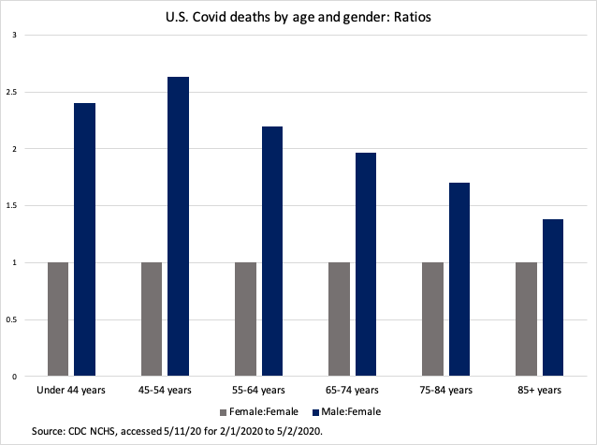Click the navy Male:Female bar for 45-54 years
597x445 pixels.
179,227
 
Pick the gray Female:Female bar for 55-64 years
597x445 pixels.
245,319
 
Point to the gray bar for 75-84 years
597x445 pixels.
432,319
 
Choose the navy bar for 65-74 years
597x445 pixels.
366,264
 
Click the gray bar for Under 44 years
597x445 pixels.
58,319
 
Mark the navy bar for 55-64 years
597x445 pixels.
272,251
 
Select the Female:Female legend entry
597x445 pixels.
258,411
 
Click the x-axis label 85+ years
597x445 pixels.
540,389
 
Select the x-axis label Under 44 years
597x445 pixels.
71,389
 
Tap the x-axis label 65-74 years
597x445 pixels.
352,389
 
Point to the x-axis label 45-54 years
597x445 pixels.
165,389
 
